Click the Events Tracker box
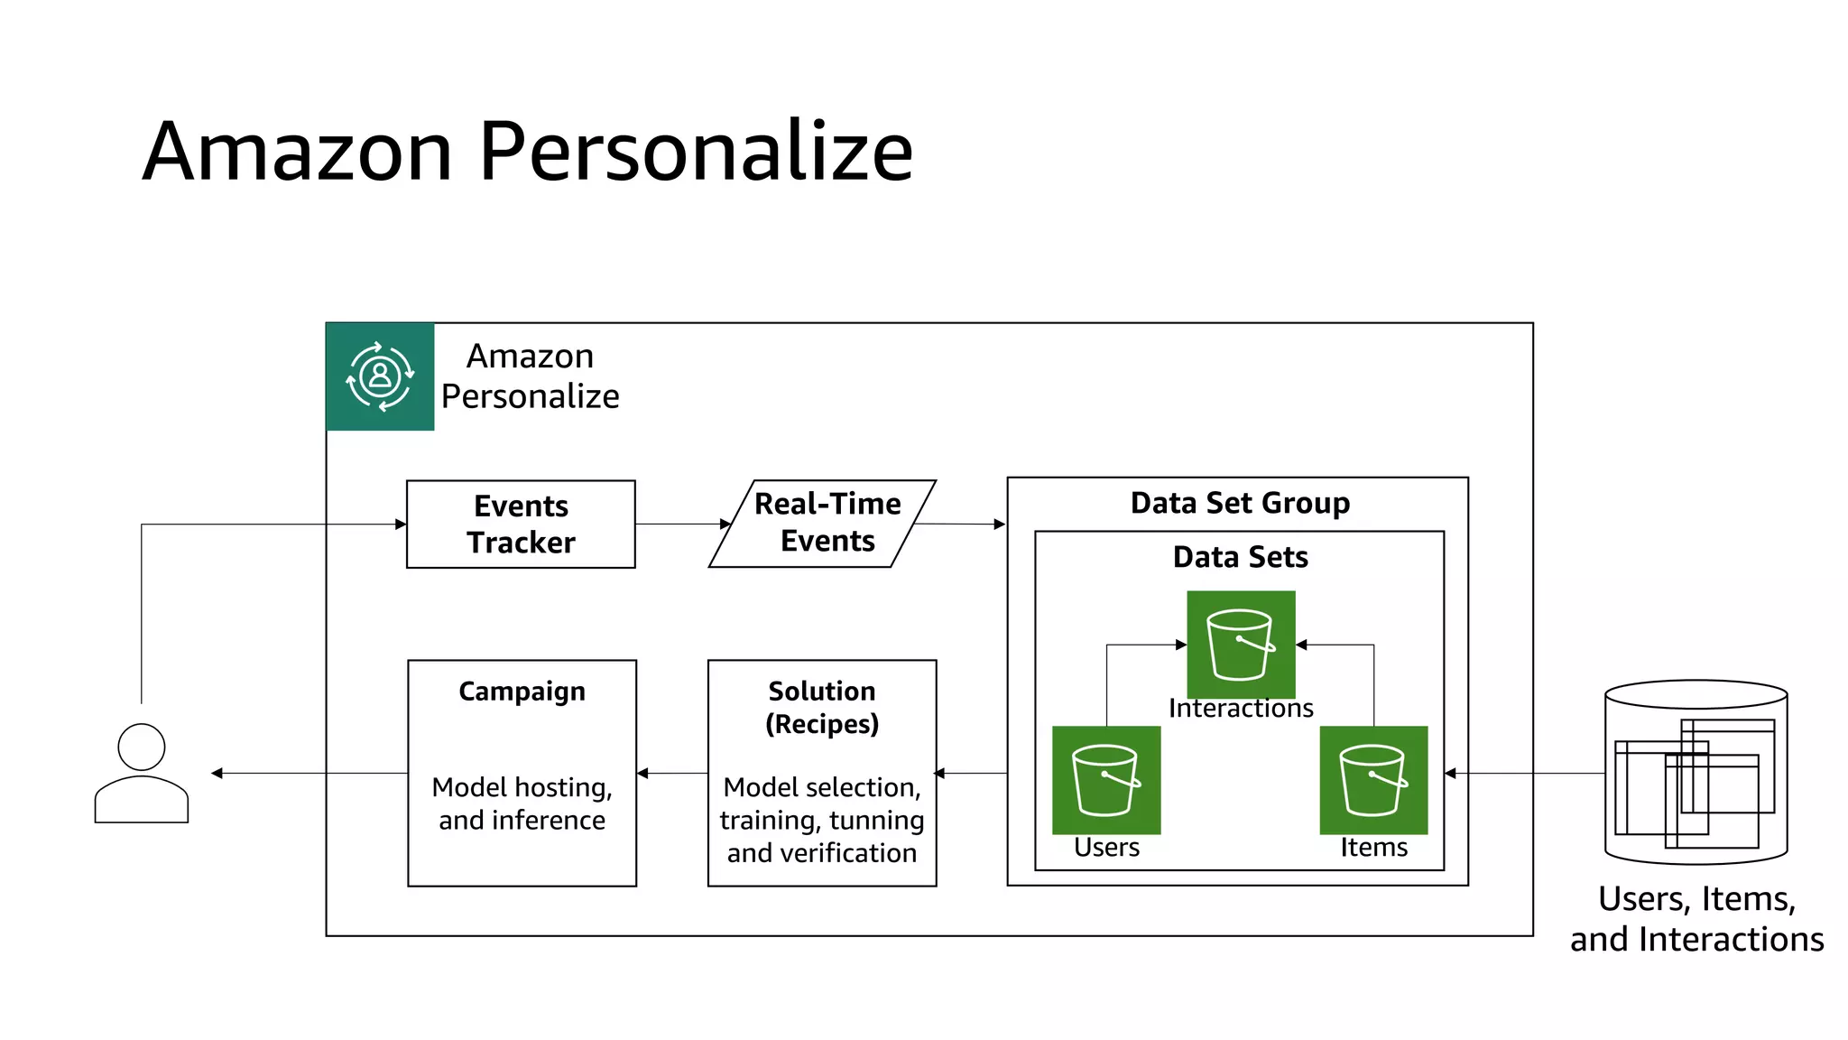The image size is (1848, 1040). [x=521, y=524]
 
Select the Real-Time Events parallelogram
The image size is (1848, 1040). [x=822, y=524]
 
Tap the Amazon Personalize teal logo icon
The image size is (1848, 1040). [x=380, y=376]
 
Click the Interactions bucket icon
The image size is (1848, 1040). [x=1241, y=644]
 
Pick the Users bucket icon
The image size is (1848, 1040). [x=1106, y=780]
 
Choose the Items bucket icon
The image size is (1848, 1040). [x=1373, y=780]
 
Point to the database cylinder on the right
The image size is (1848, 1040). [x=1696, y=773]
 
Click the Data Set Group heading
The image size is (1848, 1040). [x=1240, y=503]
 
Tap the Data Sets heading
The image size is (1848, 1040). [x=1240, y=557]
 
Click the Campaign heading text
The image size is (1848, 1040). [x=522, y=692]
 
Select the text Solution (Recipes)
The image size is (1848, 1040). [x=822, y=708]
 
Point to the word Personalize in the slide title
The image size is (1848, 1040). [x=696, y=151]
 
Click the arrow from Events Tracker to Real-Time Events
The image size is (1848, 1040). [x=682, y=524]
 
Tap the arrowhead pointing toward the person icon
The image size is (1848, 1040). [x=217, y=773]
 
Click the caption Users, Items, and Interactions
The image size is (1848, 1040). [x=1696, y=919]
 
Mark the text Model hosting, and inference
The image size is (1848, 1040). [x=522, y=803]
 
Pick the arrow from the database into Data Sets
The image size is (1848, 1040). [x=1525, y=773]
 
